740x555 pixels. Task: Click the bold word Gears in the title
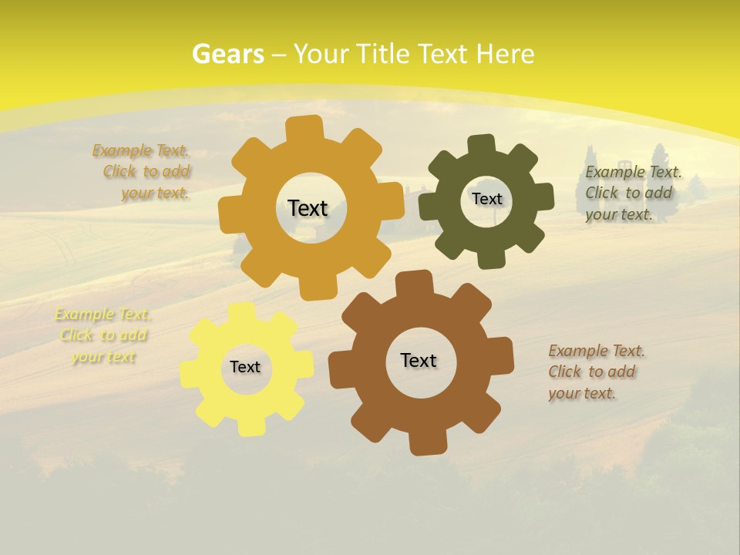[x=227, y=54]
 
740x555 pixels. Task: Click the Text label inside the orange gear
[x=308, y=208]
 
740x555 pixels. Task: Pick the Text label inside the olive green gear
[x=486, y=199]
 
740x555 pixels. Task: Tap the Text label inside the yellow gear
[x=245, y=367]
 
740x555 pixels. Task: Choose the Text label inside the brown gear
[x=419, y=360]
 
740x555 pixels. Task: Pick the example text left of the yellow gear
[x=103, y=335]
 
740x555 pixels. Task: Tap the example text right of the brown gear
[x=594, y=372]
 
